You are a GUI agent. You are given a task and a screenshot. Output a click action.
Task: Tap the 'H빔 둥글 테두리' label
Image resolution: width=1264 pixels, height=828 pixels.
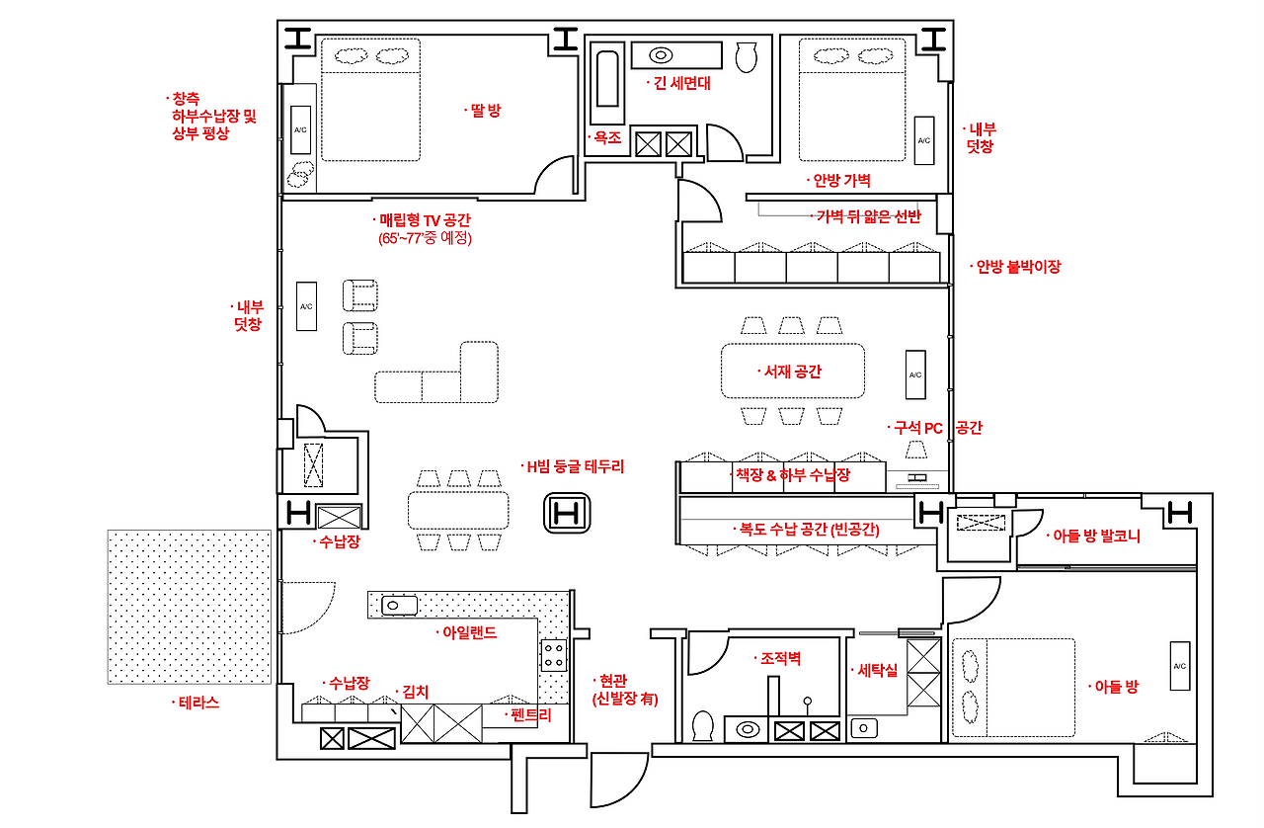[575, 466]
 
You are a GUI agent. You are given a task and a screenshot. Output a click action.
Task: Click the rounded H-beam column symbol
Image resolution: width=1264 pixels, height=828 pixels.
[567, 513]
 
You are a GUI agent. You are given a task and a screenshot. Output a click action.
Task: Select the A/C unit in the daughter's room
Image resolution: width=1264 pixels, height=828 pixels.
[301, 129]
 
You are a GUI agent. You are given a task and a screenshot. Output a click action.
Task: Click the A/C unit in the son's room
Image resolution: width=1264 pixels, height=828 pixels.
[1180, 666]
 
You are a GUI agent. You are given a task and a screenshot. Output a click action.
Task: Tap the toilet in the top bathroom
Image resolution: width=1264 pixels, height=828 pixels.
[746, 57]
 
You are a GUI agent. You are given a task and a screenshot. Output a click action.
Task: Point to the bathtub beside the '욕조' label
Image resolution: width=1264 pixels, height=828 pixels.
[607, 80]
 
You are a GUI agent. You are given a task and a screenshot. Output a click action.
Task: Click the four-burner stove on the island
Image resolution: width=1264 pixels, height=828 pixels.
[554, 655]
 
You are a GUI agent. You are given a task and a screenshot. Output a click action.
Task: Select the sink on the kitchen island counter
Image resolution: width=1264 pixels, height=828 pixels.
[400, 606]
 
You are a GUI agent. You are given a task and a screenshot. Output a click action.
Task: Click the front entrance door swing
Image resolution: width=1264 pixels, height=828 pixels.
[619, 780]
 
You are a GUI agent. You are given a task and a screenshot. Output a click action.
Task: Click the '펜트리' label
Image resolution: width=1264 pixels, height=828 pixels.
[530, 715]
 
